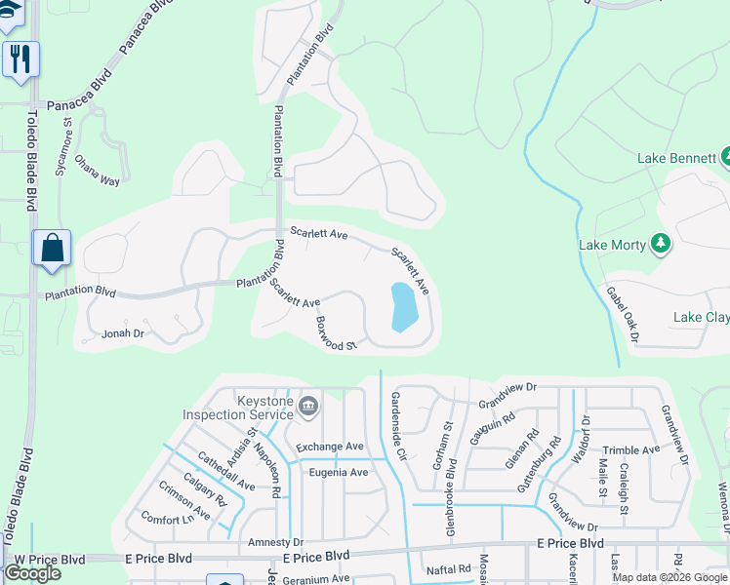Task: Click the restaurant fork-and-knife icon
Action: (x=19, y=58)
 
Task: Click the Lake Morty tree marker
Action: (x=661, y=243)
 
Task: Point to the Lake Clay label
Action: (x=702, y=318)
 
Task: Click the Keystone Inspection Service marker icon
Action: (x=308, y=405)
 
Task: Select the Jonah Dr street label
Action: (x=123, y=333)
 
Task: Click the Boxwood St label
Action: (x=337, y=332)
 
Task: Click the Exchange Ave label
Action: (x=330, y=447)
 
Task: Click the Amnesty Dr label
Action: (x=276, y=542)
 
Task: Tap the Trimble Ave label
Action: (x=631, y=449)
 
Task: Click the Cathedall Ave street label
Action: (x=225, y=471)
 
